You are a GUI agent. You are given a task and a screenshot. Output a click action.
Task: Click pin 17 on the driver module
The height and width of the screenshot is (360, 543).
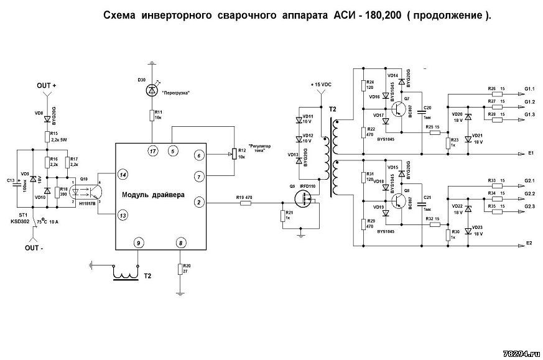152,151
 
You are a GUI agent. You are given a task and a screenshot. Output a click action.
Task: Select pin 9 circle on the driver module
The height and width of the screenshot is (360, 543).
139,242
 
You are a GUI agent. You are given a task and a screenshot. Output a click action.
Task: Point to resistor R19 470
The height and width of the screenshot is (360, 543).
244,203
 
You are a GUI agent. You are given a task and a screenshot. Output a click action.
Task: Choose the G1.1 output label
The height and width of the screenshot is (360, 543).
530,89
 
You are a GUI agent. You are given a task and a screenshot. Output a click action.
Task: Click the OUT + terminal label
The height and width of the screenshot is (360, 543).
47,85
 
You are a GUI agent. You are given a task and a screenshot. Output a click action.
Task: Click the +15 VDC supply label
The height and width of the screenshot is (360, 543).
322,84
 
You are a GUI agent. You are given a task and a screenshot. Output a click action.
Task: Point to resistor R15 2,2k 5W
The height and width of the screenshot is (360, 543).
47,137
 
